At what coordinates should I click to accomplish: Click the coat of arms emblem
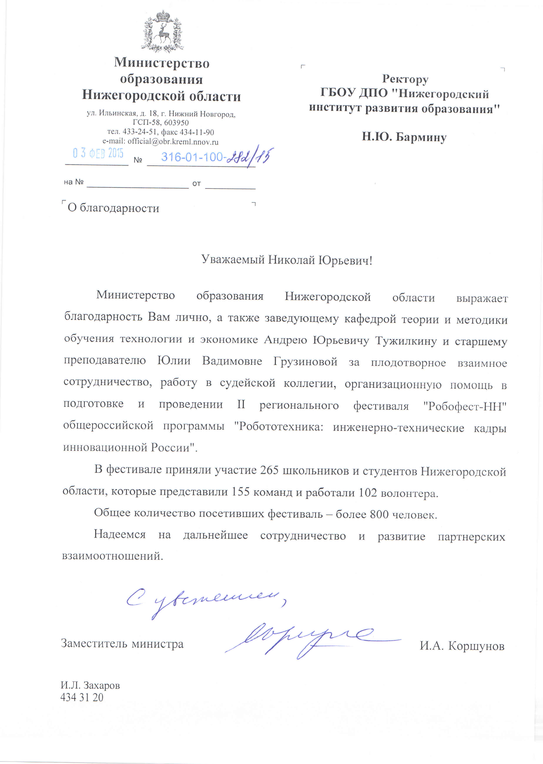pos(163,32)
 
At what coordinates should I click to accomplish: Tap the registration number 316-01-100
pos(192,157)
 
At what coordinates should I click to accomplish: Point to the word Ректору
pos(405,79)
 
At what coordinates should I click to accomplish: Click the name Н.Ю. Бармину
pos(404,137)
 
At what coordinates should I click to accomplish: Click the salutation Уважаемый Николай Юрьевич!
pos(287,260)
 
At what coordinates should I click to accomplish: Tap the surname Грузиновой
pos(305,362)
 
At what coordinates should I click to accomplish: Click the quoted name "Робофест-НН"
pos(465,406)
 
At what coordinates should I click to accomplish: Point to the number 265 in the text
pos(269,470)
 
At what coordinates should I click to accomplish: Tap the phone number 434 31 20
pos(82,697)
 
